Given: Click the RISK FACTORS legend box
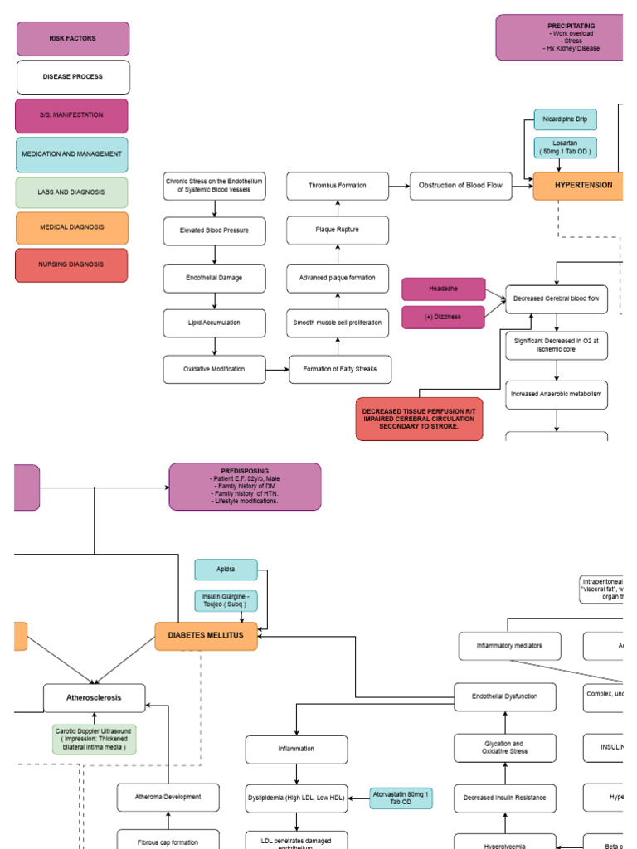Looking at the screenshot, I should [73, 39].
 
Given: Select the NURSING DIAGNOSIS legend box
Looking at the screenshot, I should [71, 265].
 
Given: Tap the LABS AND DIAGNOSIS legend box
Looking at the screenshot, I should [71, 192].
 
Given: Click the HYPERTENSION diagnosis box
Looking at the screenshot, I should [576, 186].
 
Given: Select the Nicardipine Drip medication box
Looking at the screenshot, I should [565, 119].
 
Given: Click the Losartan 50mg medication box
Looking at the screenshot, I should [565, 148].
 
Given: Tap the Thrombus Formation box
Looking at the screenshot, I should [338, 186].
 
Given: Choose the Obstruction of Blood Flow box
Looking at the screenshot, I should [460, 186].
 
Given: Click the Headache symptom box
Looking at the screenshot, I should [444, 289].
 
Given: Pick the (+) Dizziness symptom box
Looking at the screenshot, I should [444, 317].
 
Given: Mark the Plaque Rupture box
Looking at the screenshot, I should [338, 230].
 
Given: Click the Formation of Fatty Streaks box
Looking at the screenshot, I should [340, 369].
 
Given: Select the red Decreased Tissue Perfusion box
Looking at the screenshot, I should [420, 419].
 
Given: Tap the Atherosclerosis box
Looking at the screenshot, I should [94, 698].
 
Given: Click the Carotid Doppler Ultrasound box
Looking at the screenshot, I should [94, 739].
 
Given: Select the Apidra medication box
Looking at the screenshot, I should [226, 570].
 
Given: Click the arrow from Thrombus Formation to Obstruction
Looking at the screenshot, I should [399, 186].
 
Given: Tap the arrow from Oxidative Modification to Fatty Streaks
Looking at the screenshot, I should [278, 369].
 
